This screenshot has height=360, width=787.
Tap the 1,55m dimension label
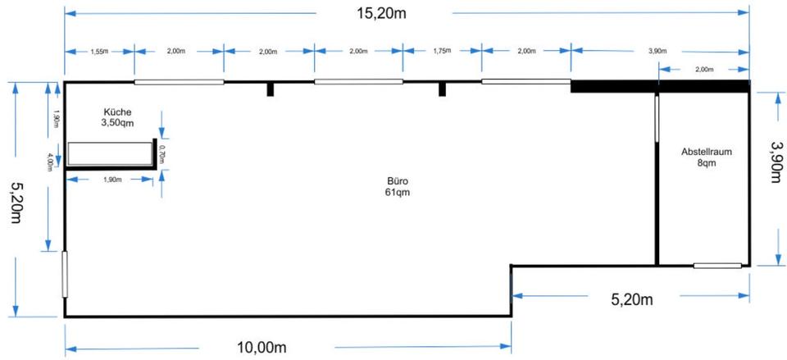tap(100, 51)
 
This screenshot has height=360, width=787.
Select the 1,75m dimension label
tap(441, 51)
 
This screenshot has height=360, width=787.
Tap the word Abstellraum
tap(706, 152)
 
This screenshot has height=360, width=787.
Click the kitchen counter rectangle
tap(110, 153)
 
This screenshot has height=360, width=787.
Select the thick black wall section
tap(660, 86)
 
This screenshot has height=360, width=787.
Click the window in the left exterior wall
tap(65, 275)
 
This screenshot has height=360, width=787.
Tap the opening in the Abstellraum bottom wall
tap(717, 265)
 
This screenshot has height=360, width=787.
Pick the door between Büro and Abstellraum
tap(656, 124)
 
